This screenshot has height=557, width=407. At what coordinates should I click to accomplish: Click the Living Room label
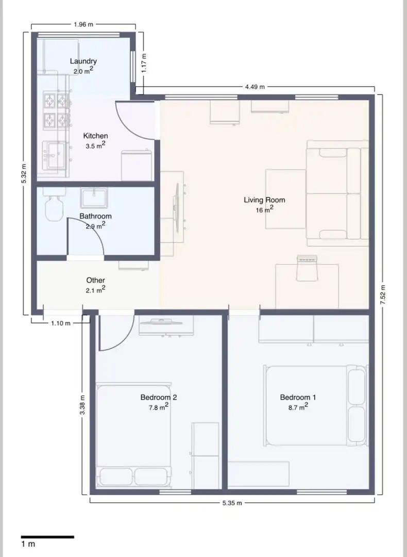264,200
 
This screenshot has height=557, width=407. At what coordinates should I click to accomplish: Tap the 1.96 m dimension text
83,25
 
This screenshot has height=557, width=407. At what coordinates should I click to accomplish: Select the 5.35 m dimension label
232,503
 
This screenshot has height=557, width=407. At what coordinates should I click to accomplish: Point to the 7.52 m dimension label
382,294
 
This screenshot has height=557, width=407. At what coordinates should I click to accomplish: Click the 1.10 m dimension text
61,323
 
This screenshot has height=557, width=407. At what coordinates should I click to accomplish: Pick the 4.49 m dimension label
255,87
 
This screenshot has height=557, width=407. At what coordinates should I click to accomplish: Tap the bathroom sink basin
94,198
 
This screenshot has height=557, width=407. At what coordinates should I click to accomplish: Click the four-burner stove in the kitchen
57,110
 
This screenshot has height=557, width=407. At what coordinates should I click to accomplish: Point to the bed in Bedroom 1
315,405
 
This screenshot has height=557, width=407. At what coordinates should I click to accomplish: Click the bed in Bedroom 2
134,435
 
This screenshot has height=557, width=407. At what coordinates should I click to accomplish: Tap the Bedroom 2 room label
159,397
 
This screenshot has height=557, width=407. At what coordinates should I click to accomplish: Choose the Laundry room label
83,61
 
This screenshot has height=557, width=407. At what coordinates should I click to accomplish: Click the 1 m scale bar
47,537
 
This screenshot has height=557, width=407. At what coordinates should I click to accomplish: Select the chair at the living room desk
307,268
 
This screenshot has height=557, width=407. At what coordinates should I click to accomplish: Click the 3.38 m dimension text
82,405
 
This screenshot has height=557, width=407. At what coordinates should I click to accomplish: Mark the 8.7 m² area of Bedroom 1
298,407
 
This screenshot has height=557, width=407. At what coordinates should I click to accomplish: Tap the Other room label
95,280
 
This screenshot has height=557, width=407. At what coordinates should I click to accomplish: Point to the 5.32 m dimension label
23,174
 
